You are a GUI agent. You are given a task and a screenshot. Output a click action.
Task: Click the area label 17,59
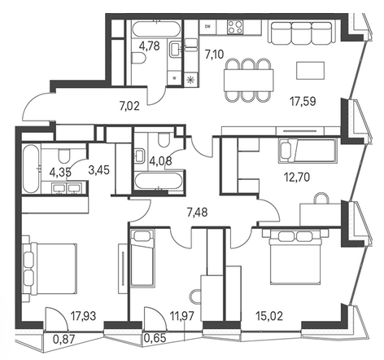coord(303,102)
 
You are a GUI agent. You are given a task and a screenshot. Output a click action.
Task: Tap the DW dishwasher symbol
coord(208,27)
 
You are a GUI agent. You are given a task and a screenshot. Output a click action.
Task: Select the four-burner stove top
coord(235,27)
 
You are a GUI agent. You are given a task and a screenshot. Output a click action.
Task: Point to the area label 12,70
coord(297,178)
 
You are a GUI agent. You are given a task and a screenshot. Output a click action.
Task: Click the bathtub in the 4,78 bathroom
coord(156,29)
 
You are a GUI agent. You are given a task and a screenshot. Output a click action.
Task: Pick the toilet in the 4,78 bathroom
coord(139,58)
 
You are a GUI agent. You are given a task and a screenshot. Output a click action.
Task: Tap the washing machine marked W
coord(174,78)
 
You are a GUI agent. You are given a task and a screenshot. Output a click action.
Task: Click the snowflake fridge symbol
coord(191,80)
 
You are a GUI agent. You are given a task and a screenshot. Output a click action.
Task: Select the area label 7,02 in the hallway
coord(129,106)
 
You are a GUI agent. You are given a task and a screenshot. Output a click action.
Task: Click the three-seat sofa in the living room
coord(301,32)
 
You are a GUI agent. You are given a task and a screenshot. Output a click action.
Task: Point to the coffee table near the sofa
coord(311,70)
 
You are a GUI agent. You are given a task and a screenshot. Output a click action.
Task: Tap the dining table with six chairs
coord(248,80)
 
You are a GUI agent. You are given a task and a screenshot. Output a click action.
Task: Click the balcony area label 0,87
coord(63,339)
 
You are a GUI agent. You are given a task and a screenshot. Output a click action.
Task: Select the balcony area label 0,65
coord(155,338)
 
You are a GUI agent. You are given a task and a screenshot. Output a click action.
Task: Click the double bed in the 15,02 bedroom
coord(299,257)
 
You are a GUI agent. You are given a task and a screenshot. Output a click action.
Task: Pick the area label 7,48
coord(198,213)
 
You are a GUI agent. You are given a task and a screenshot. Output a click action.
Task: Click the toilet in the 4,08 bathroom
coord(164,139)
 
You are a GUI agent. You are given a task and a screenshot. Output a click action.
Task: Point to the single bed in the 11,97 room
coord(142,258)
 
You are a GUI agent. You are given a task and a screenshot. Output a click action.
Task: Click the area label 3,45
coord(99,170)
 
